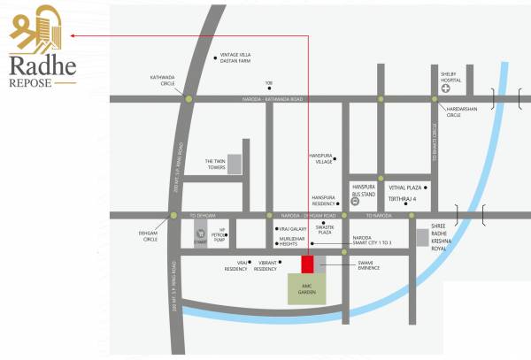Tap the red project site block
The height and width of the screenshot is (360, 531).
[x=307, y=265]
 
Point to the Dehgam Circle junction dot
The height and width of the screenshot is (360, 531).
[x=173, y=216]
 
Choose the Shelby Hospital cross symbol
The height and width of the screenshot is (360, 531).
[x=449, y=88]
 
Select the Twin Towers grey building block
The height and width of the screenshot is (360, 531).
[x=235, y=165]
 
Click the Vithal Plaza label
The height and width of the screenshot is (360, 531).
[x=404, y=188]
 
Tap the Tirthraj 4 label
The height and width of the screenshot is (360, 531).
[x=403, y=201]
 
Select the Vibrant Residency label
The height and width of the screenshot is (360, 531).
[x=265, y=266]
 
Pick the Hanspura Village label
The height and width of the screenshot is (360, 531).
[x=320, y=158]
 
